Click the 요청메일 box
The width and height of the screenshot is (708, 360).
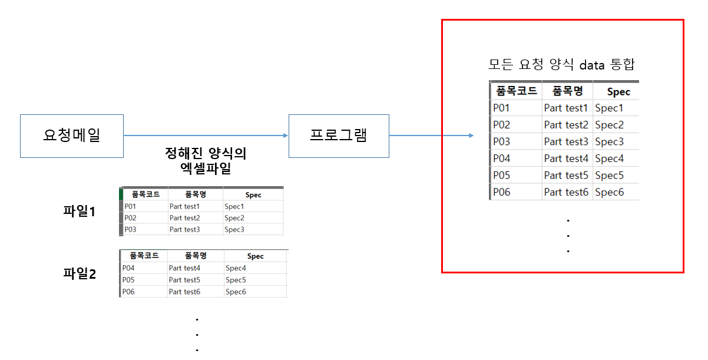(72, 136)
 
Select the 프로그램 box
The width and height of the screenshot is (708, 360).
(339, 136)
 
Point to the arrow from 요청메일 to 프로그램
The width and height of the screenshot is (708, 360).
(206, 136)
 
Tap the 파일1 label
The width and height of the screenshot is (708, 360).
(79, 211)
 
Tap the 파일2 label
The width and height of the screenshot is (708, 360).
(79, 273)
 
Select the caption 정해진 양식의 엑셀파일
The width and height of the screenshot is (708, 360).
(206, 161)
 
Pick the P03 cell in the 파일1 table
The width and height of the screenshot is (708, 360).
(130, 230)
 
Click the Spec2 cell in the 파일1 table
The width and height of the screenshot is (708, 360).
(234, 218)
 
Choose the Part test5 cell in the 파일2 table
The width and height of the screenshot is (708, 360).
(184, 280)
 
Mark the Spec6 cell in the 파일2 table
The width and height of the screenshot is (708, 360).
(236, 292)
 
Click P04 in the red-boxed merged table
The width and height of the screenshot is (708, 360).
(502, 158)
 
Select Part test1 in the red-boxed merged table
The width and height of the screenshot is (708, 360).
(566, 108)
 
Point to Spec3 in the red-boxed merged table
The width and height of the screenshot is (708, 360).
(609, 142)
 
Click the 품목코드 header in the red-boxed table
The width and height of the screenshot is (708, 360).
(517, 91)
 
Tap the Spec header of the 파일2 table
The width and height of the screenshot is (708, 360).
(255, 256)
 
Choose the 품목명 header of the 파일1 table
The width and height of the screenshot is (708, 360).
(195, 194)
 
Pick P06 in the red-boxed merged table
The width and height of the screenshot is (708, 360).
(502, 192)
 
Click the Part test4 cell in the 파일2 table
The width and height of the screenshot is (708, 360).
(184, 268)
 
